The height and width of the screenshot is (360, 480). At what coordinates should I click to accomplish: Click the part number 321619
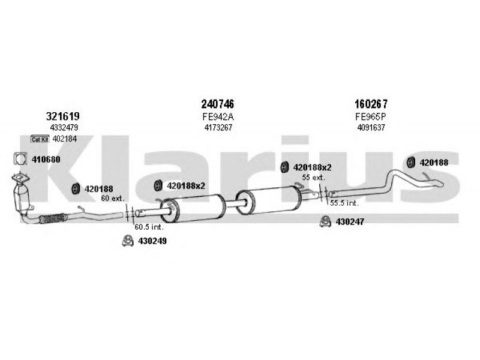click(63, 116)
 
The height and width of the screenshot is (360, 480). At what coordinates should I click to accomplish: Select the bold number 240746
click(217, 104)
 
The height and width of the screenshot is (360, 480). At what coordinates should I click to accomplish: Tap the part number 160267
click(371, 104)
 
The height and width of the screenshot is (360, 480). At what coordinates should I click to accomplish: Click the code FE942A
click(218, 116)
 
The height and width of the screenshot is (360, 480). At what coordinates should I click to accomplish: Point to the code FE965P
click(371, 116)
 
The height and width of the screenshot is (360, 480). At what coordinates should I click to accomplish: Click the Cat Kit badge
click(40, 139)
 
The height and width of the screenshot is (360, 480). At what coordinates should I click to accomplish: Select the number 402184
click(65, 139)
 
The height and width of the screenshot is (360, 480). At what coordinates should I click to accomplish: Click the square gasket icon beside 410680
click(20, 158)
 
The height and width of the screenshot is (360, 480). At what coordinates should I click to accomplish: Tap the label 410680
click(46, 160)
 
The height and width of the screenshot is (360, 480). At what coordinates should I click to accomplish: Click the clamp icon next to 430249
click(128, 241)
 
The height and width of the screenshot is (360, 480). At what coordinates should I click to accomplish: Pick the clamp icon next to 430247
click(325, 221)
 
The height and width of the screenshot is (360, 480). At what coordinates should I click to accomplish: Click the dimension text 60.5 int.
click(149, 227)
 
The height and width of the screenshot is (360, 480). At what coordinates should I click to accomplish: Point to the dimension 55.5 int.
click(344, 203)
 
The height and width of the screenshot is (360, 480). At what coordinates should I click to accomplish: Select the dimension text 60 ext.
click(113, 199)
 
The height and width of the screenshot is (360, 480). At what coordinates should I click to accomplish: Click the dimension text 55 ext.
click(313, 177)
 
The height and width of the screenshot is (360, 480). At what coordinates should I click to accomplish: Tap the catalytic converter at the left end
click(22, 197)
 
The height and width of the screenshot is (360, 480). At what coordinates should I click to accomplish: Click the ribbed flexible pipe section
click(53, 218)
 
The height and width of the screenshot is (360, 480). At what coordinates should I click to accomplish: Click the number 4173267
click(218, 127)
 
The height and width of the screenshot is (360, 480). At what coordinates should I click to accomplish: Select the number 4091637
click(371, 127)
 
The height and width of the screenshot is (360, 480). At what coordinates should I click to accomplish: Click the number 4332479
click(64, 127)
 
